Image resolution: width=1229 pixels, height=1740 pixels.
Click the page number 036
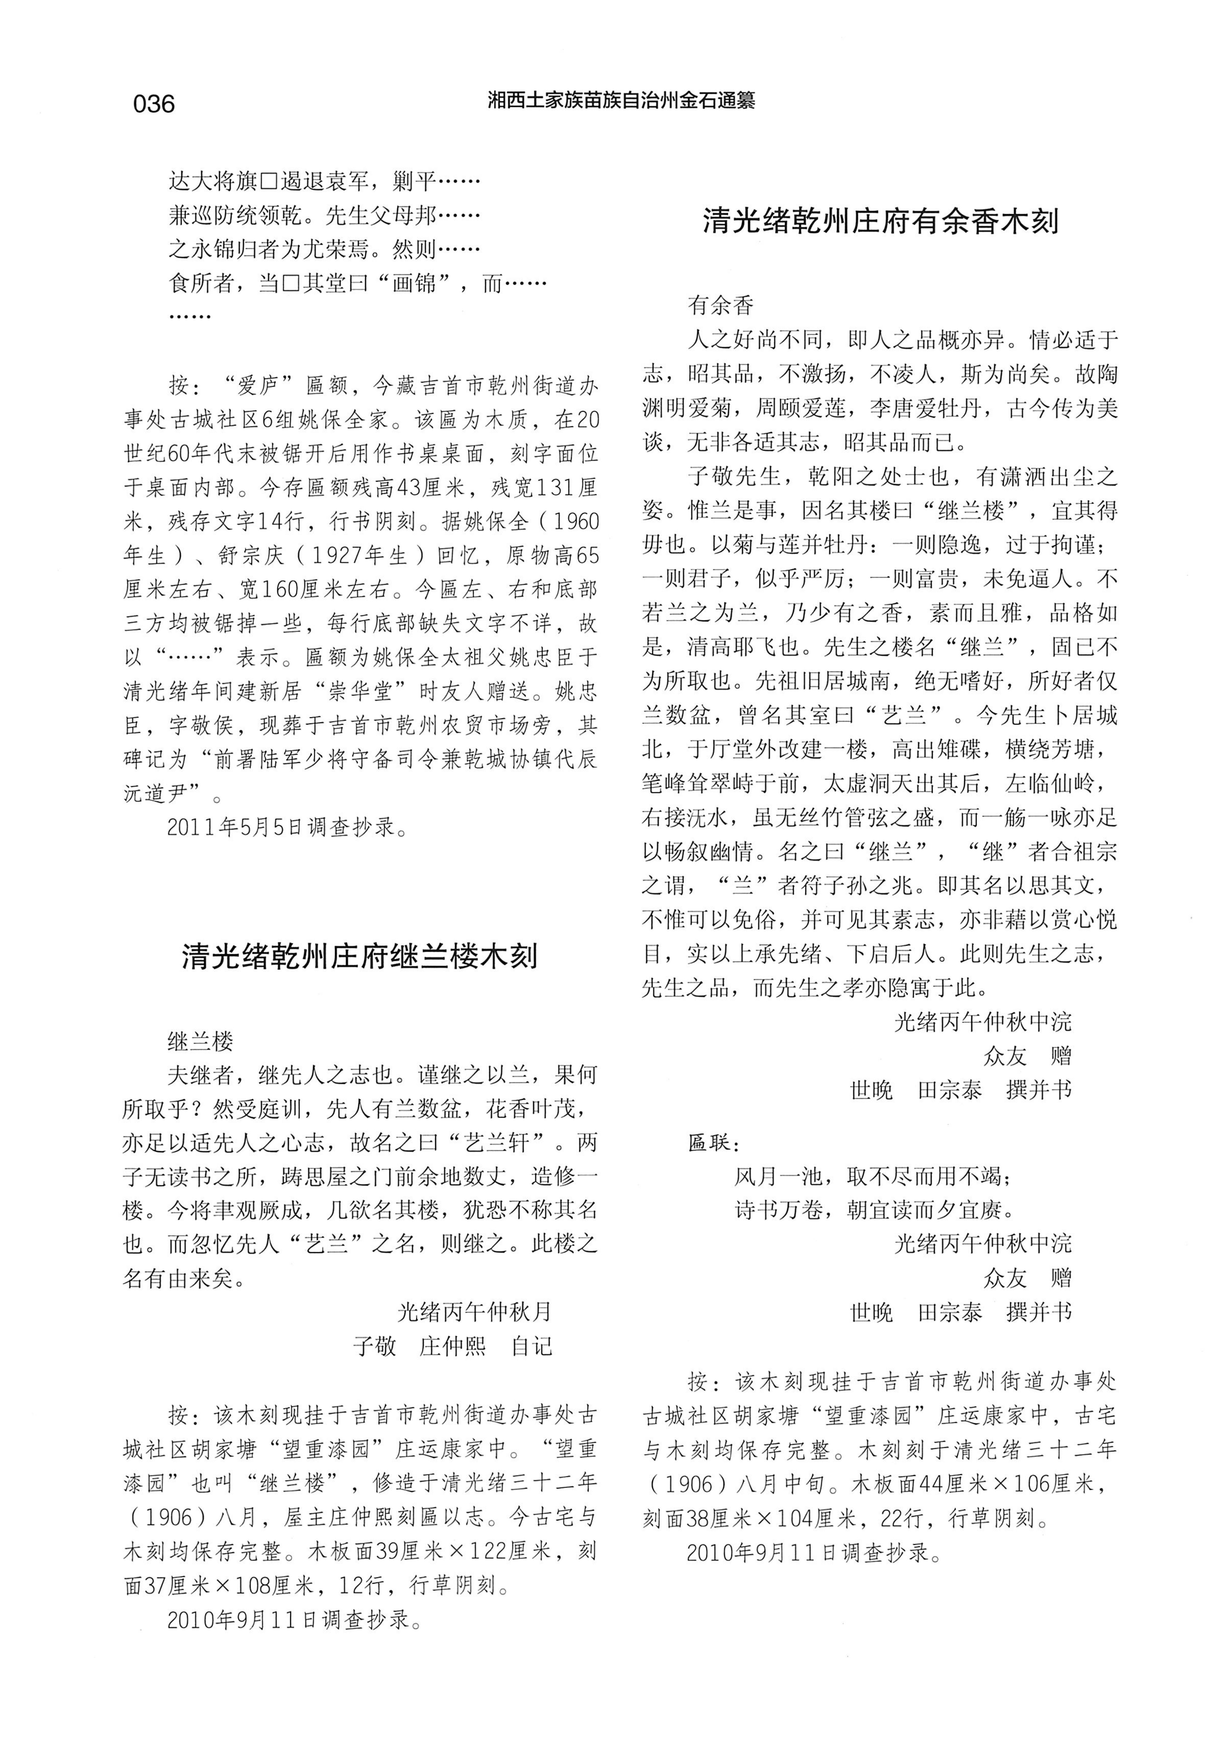pyautogui.click(x=154, y=103)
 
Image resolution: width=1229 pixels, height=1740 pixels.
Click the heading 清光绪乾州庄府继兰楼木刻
pyautogui.click(x=359, y=956)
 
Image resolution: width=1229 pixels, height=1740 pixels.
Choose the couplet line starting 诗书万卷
pyautogui.click(x=873, y=1210)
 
